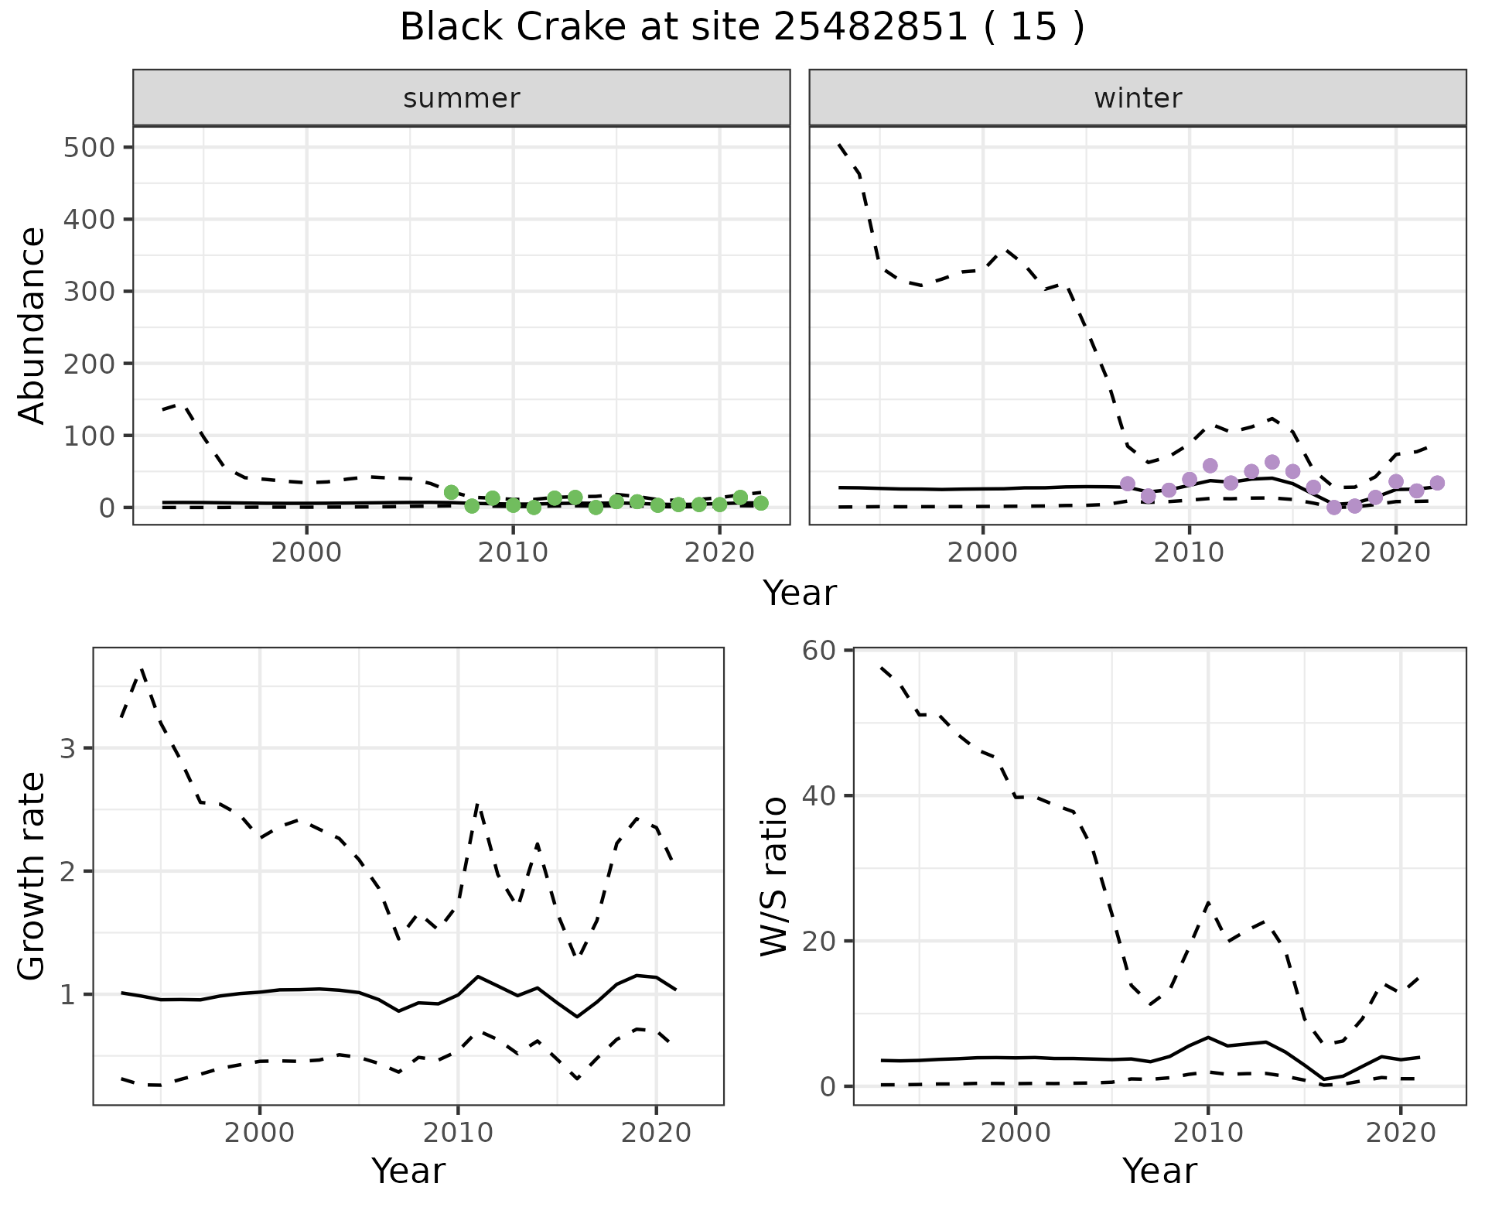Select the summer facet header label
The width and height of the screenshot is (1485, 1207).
[462, 98]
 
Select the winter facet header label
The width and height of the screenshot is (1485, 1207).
[1138, 98]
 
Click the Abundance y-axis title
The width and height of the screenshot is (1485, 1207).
[32, 325]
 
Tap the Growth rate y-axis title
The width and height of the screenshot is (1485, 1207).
[32, 876]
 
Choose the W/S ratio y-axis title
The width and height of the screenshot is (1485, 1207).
[773, 876]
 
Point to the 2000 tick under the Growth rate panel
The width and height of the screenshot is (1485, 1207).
[260, 1133]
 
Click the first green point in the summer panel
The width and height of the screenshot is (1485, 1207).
[452, 492]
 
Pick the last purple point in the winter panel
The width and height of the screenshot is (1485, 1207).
[1437, 483]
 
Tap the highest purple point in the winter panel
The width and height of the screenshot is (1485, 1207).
[1272, 463]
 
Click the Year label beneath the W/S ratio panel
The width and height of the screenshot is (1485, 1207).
[1159, 1171]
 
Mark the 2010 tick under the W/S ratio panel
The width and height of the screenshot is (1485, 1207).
[1207, 1133]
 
